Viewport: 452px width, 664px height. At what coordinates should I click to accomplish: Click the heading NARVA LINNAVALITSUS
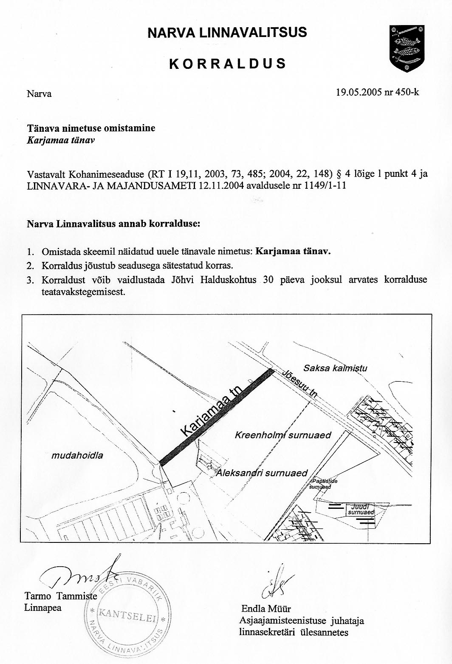tap(227, 33)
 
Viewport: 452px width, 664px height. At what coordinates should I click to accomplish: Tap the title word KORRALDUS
tap(227, 64)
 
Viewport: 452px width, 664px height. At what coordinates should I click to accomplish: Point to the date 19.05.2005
tap(359, 91)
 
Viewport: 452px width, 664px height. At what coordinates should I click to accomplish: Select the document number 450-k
tap(407, 91)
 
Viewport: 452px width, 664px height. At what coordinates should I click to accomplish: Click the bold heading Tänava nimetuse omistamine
tap(91, 128)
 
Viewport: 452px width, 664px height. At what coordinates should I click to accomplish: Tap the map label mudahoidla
tap(77, 456)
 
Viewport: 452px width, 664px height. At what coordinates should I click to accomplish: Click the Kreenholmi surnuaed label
tap(283, 435)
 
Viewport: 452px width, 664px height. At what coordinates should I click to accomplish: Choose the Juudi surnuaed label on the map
tap(360, 510)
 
